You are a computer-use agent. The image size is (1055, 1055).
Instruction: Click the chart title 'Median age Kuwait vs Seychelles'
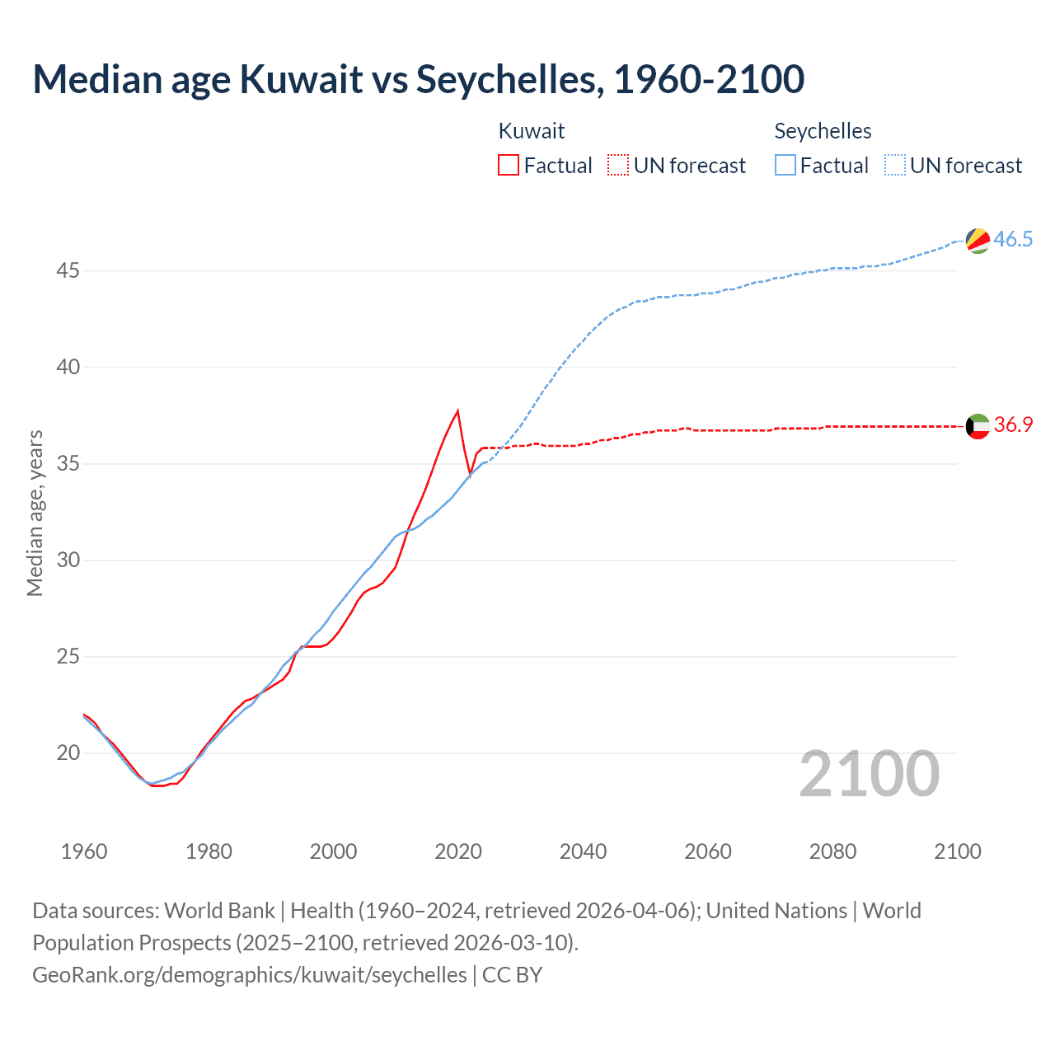418,80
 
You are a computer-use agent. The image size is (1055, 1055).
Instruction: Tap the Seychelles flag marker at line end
977,240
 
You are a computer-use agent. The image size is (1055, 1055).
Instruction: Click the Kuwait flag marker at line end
977,426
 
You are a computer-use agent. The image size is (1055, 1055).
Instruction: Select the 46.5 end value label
1013,240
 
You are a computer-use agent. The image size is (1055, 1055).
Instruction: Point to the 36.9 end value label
1013,425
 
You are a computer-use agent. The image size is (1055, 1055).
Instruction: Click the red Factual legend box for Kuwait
509,166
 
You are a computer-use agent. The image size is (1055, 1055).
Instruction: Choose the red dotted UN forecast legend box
618,166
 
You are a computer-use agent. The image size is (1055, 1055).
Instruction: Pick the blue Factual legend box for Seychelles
785,166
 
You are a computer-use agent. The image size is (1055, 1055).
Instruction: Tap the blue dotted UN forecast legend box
895,166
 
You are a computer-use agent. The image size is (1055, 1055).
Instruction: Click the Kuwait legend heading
532,131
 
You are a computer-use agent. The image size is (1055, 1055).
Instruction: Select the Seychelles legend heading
823,131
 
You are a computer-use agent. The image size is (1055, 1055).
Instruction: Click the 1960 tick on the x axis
84,851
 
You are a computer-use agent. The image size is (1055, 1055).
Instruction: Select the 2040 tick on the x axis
583,851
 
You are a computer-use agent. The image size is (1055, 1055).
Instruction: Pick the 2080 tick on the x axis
832,851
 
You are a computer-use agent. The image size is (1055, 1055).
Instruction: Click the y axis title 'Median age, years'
35,513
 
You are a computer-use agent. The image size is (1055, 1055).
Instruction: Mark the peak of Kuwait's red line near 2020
457,410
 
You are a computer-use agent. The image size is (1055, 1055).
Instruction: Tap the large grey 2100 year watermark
869,774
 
